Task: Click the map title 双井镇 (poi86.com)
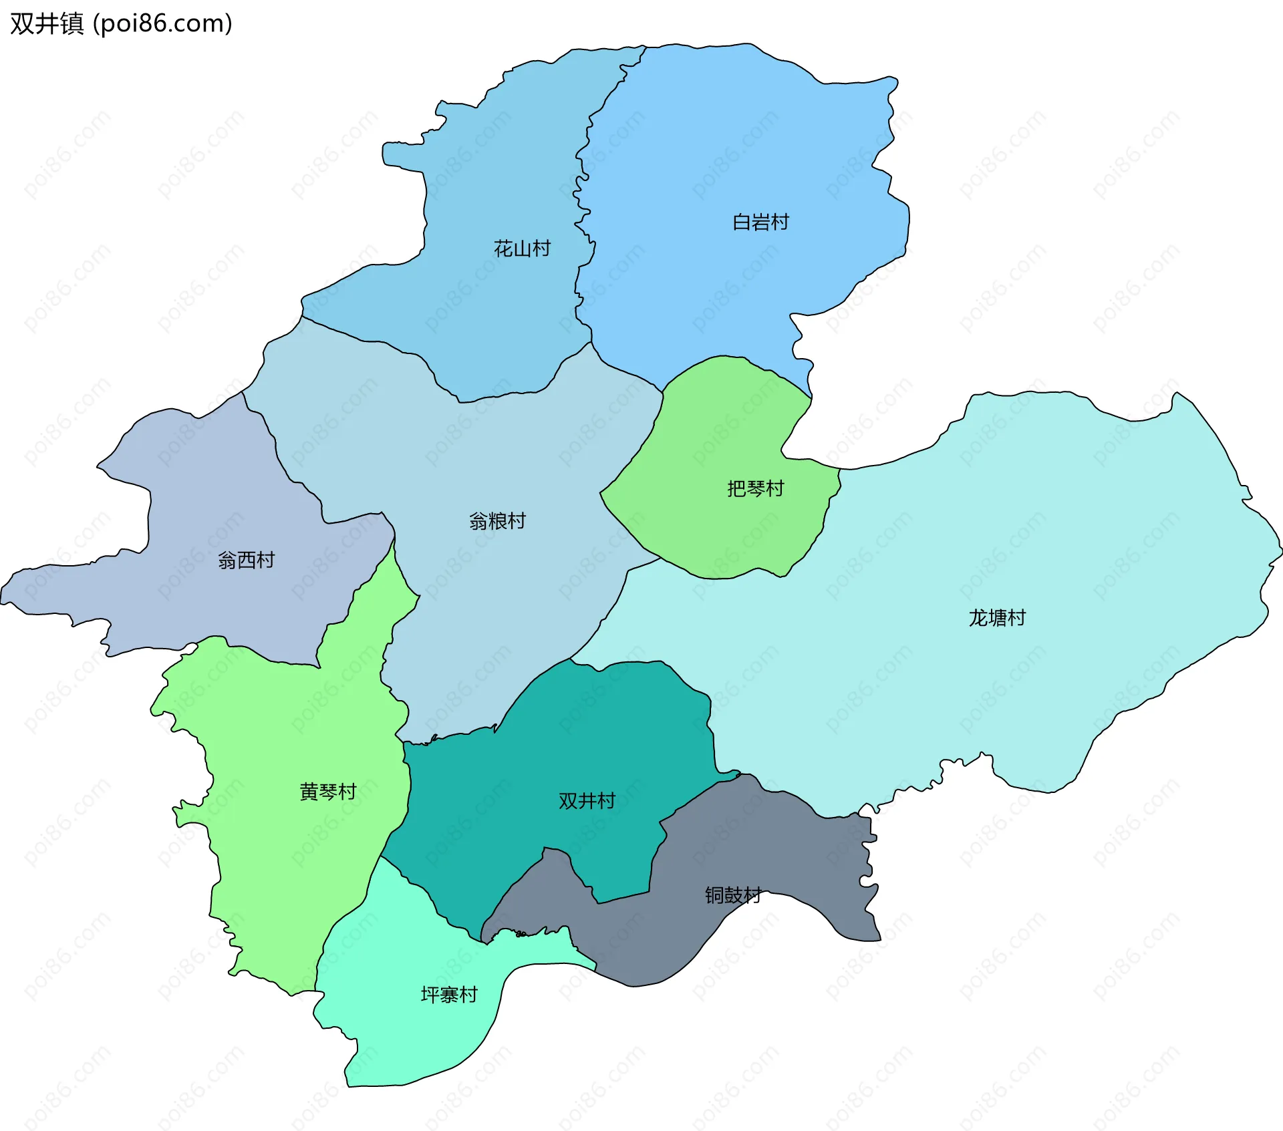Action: click(120, 23)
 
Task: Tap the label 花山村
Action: click(522, 249)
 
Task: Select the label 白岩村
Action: click(760, 222)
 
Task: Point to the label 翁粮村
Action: click(497, 520)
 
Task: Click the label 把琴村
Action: click(755, 488)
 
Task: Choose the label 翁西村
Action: click(246, 560)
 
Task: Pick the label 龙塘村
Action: click(997, 617)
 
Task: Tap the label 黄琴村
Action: click(327, 792)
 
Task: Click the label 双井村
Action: click(587, 800)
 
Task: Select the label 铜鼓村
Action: click(733, 895)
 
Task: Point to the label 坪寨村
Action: click(449, 995)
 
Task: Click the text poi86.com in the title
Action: click(162, 23)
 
